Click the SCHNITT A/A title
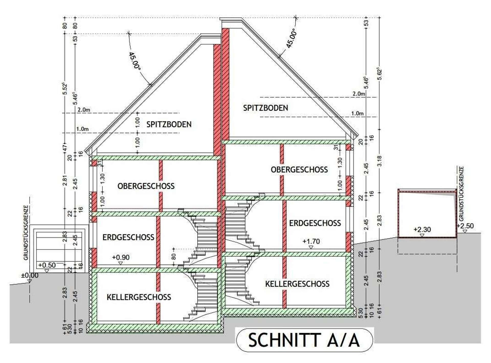point(304,340)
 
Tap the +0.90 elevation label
point(121,257)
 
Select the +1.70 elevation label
point(311,241)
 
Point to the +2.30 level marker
point(422,230)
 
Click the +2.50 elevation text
point(465,226)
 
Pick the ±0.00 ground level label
point(30,275)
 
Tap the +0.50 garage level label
point(47,265)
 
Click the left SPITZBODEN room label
point(169,124)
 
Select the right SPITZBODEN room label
point(265,108)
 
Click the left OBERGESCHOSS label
point(146,186)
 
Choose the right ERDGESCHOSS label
point(315,223)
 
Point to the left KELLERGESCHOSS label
point(139,297)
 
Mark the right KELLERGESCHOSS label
point(297,284)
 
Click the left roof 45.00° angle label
point(135,61)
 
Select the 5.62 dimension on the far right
point(380,74)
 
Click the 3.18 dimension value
point(380,161)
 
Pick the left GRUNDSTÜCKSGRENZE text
point(26,233)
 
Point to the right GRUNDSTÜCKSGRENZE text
point(461,194)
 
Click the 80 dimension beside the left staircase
point(174,256)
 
